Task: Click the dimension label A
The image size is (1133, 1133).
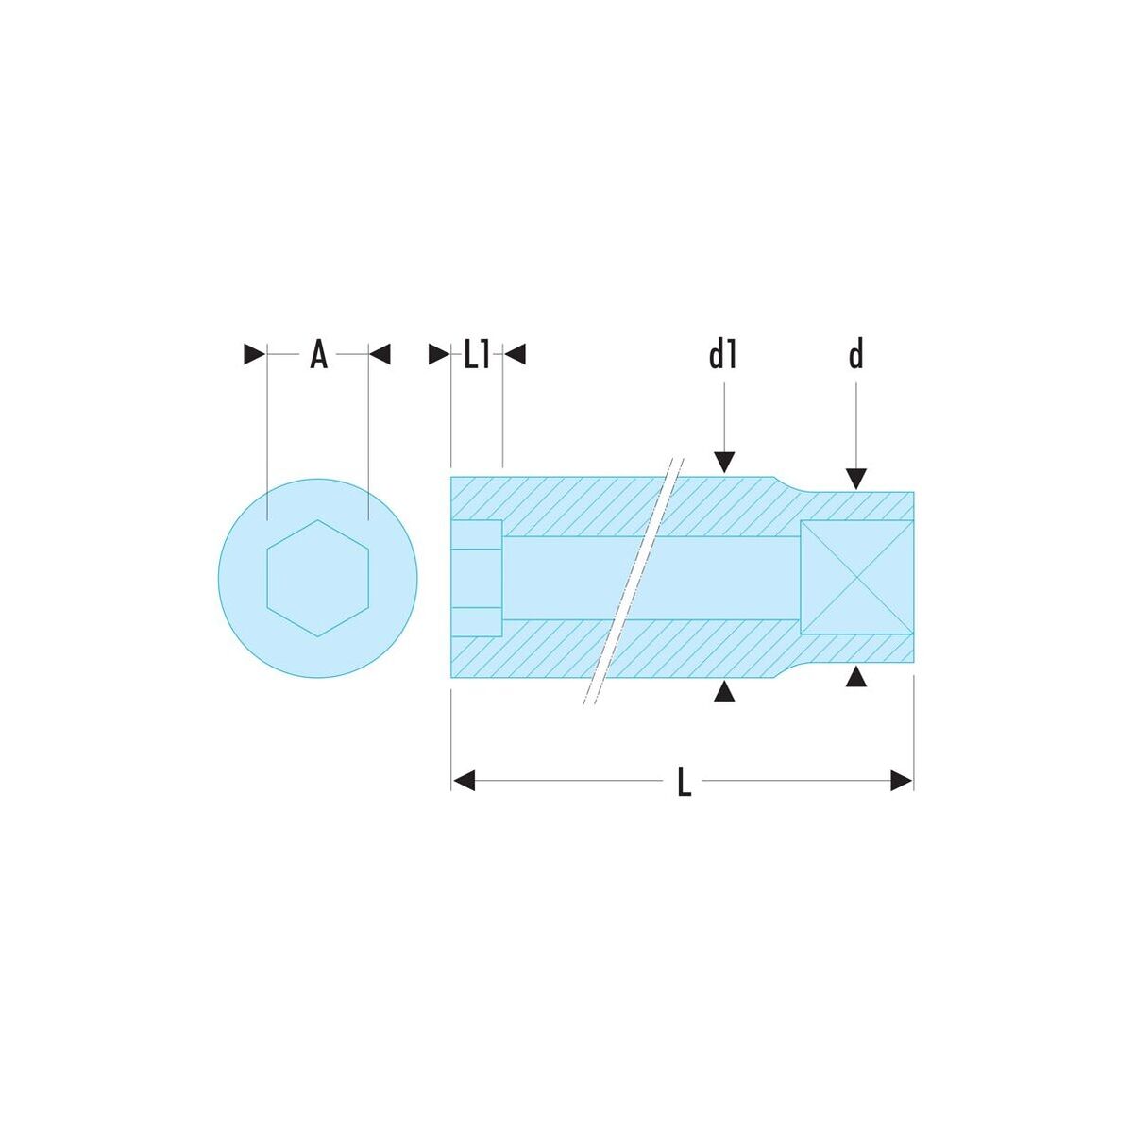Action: coord(318,355)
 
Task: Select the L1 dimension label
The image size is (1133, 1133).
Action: coord(476,355)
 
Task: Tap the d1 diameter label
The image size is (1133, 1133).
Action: coord(722,355)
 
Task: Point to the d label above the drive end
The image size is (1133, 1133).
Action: coord(856,355)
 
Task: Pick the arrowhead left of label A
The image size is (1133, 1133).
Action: coord(255,355)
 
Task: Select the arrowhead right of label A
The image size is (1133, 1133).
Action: coord(380,355)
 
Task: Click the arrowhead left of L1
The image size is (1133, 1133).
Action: coord(439,355)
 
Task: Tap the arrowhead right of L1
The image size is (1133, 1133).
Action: coord(516,355)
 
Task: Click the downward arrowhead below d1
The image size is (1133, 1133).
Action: coord(724,462)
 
